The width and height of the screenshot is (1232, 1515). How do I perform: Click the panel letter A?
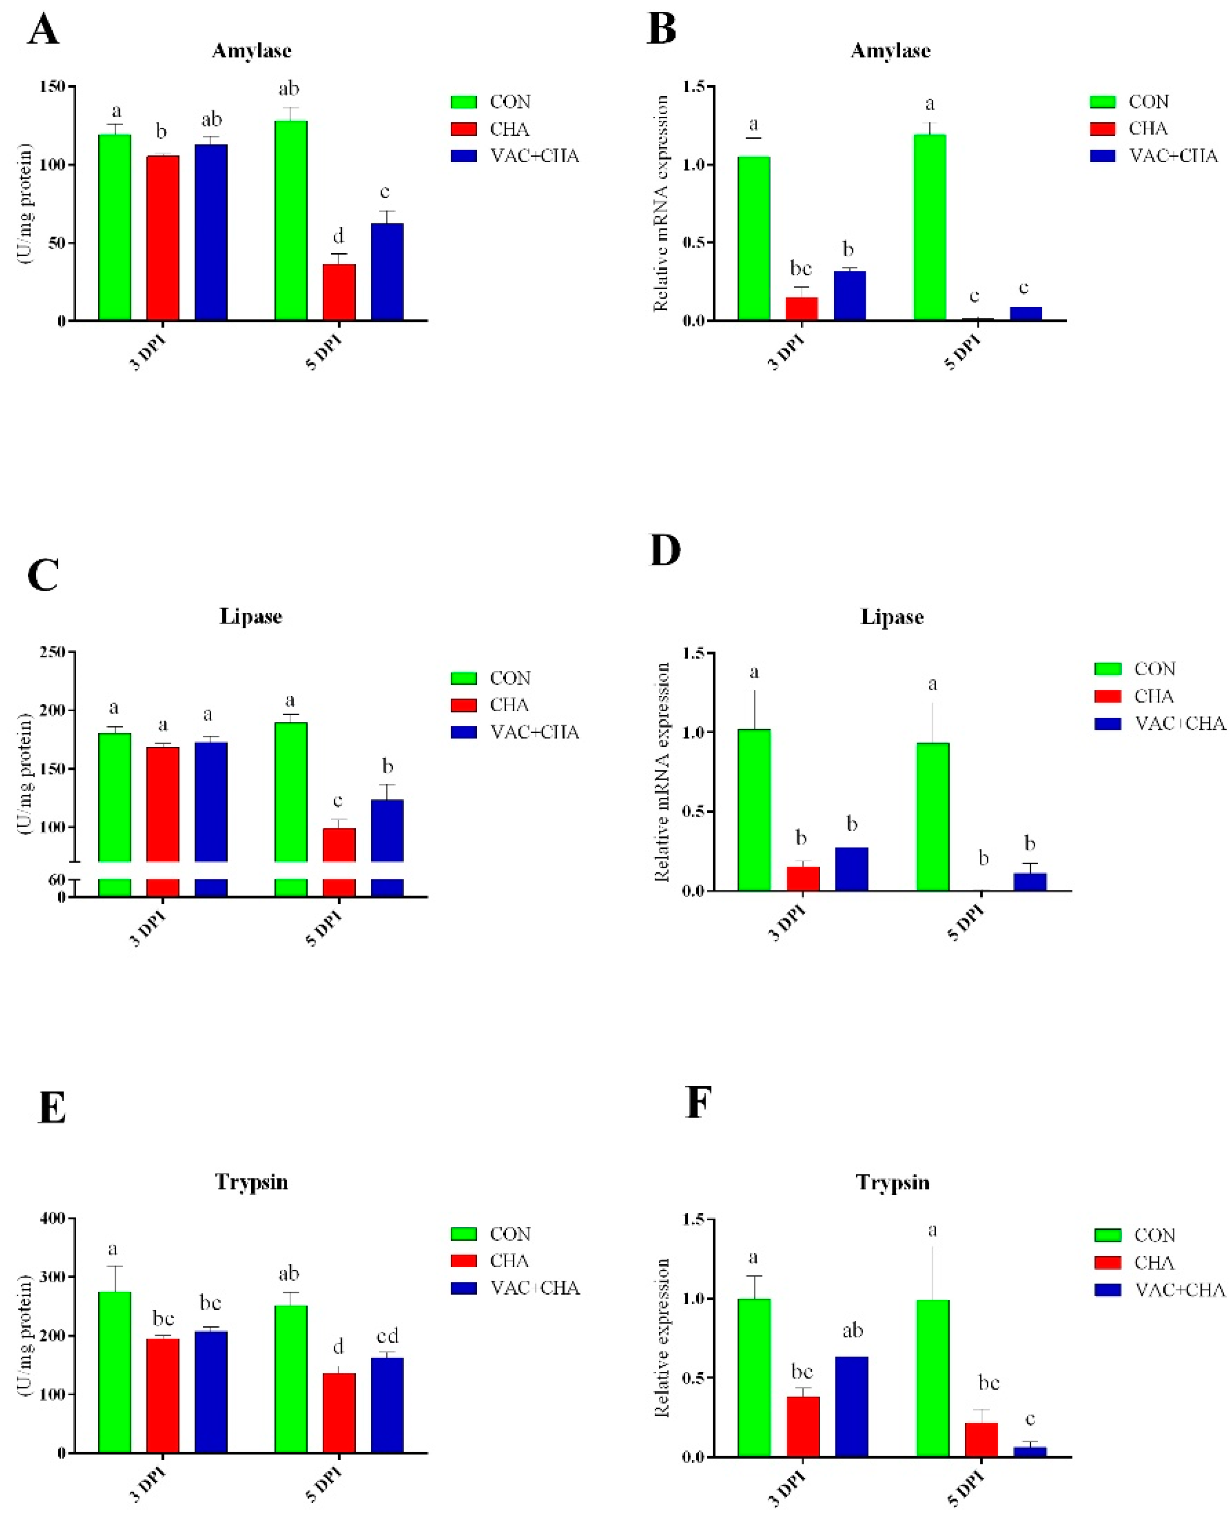point(43,31)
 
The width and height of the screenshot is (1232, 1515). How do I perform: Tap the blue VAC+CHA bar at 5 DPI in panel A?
point(387,272)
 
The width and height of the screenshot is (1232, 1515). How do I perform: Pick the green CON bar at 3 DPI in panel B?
point(754,239)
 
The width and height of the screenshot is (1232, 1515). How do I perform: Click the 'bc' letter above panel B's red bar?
point(800,268)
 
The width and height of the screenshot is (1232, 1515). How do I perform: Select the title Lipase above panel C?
point(250,616)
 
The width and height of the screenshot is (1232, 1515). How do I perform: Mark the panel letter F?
point(698,1103)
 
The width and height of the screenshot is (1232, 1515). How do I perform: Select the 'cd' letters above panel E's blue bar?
point(387,1336)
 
